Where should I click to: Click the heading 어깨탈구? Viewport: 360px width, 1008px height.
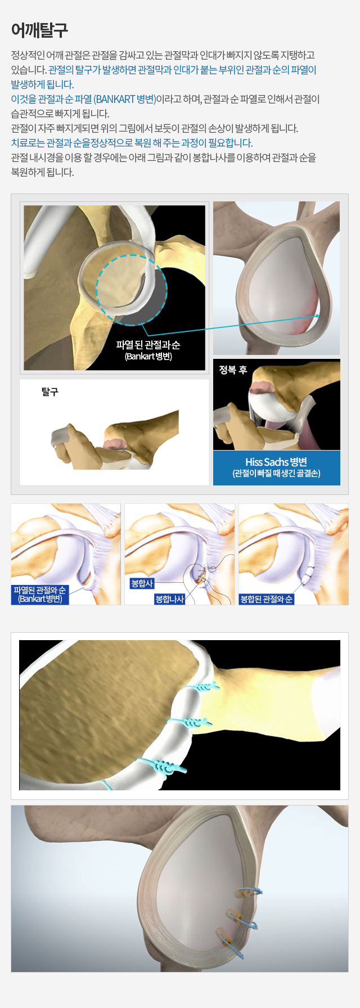(39, 30)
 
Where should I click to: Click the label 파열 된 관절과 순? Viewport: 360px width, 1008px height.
(148, 345)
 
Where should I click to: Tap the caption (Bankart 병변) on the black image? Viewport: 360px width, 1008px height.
(148, 357)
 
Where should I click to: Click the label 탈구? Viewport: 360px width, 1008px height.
(50, 392)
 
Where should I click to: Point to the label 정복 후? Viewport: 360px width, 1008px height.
(233, 370)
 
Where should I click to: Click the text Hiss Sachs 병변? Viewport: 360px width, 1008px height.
(276, 462)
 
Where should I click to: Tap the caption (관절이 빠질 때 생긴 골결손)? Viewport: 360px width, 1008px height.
(276, 474)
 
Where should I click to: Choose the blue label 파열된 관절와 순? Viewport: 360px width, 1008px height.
(39, 590)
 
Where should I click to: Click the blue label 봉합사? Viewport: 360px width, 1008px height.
(142, 583)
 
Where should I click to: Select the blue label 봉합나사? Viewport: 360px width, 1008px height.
(170, 599)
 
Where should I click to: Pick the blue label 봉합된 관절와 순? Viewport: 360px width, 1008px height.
(267, 599)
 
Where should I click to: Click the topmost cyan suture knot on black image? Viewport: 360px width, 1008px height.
(206, 687)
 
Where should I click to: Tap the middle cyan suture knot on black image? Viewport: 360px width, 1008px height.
(197, 722)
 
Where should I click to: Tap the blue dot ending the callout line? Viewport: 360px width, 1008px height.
(318, 316)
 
